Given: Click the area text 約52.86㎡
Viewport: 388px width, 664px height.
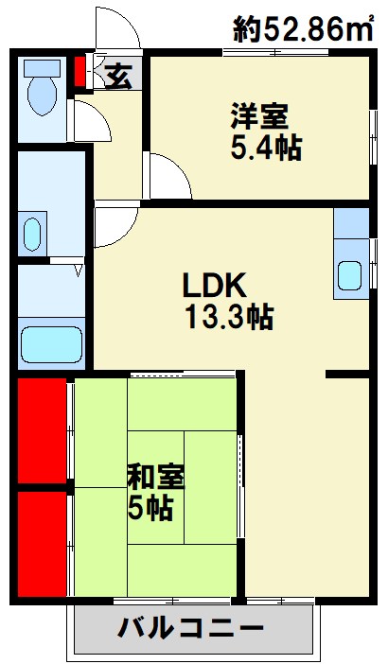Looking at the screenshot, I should [302, 30].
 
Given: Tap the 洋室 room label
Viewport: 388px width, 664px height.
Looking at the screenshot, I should [258, 118].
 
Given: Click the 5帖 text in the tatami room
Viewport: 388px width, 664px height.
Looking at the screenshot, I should [150, 508].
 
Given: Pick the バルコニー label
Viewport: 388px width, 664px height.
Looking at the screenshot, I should [190, 627].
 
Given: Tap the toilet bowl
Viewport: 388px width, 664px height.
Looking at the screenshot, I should [41, 93].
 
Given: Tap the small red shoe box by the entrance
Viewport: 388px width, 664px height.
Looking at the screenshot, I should [79, 71].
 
